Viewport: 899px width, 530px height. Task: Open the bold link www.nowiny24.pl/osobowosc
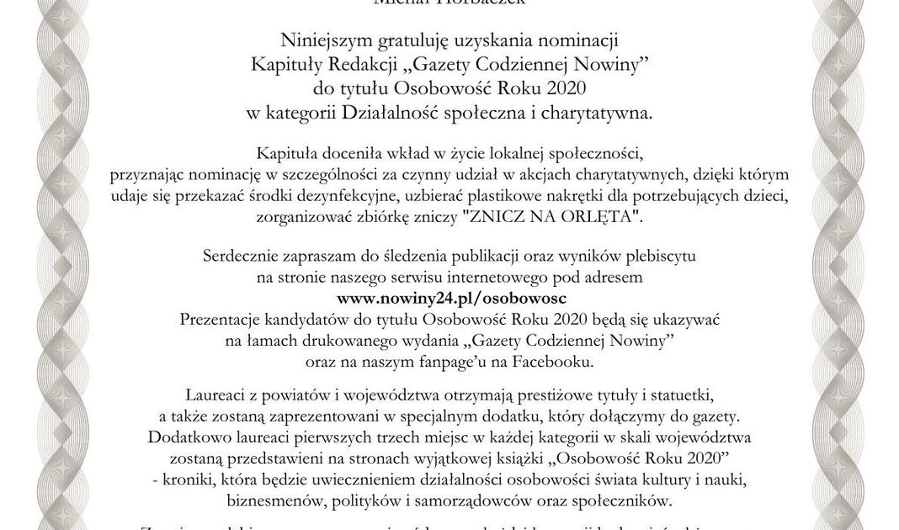451,298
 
